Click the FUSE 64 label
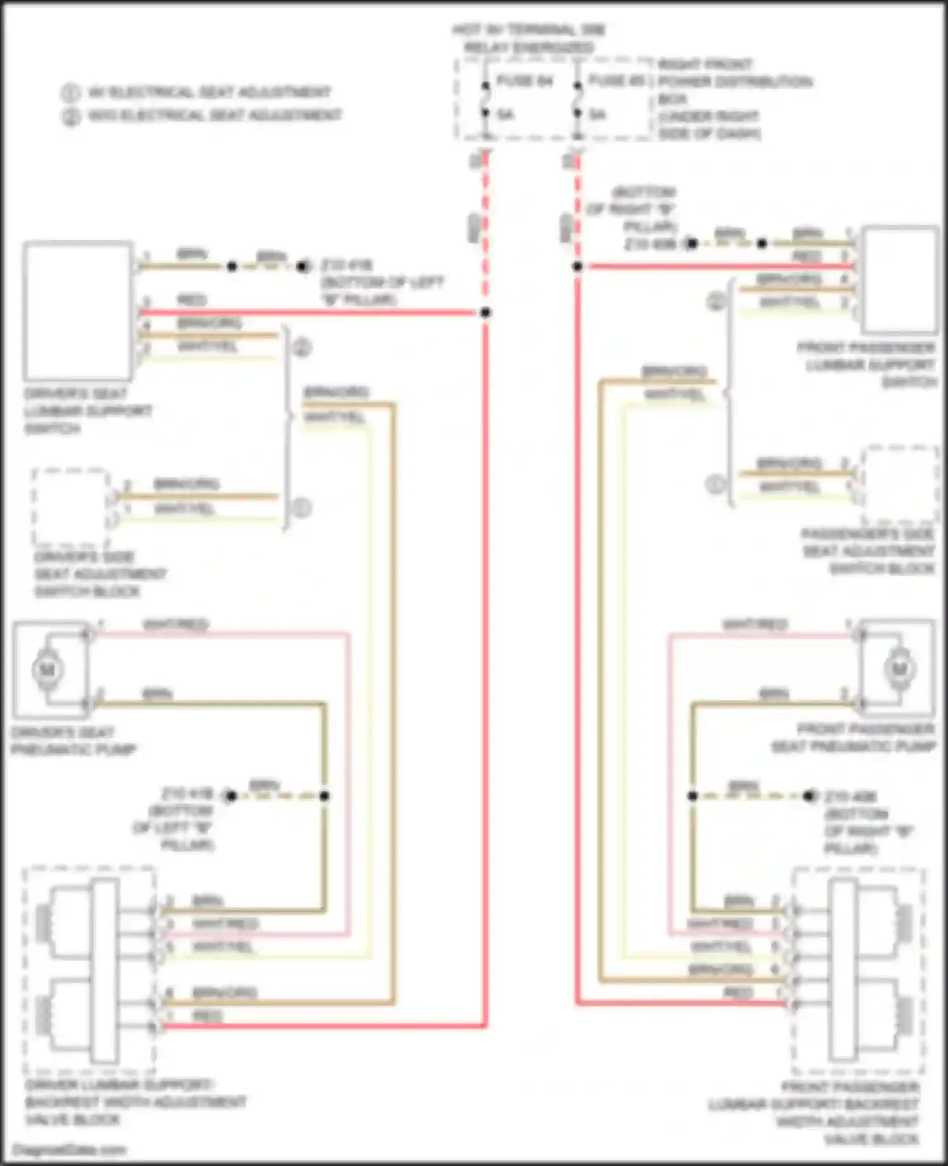524,81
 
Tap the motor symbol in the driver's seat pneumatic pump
48,670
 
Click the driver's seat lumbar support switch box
78,310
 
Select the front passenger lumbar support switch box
900,279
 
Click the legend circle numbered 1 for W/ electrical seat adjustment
70,93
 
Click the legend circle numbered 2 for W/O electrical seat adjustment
70,116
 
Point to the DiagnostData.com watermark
69,1150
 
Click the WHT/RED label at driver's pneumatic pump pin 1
176,625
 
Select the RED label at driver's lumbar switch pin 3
191,301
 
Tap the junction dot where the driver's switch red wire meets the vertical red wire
485,313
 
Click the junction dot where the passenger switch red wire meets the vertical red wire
577,267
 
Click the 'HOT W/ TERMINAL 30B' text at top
529,30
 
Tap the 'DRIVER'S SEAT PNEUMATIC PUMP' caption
73,742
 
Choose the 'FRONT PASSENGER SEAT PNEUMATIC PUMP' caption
853,738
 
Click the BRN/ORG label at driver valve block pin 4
224,992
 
